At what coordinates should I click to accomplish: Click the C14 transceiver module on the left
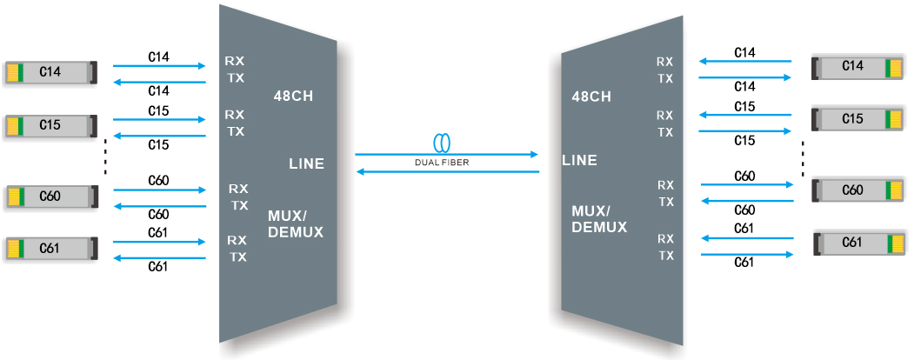click(x=50, y=72)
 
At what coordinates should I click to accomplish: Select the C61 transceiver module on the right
click(x=858, y=243)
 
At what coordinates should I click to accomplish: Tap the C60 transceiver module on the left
click(x=50, y=197)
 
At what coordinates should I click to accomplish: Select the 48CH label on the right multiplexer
click(x=591, y=97)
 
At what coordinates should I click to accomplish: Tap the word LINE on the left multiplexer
click(x=306, y=163)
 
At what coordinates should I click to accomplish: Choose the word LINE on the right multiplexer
click(x=580, y=160)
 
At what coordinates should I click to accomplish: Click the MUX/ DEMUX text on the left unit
click(x=296, y=223)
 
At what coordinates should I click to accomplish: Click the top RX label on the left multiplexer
click(x=235, y=61)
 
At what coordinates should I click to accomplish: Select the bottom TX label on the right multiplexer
click(x=665, y=256)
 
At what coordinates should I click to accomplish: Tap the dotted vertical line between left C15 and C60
click(x=105, y=156)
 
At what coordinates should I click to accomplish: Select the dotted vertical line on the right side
click(x=803, y=157)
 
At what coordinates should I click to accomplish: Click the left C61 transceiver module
click(x=50, y=249)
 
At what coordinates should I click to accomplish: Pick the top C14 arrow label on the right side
click(x=744, y=53)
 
